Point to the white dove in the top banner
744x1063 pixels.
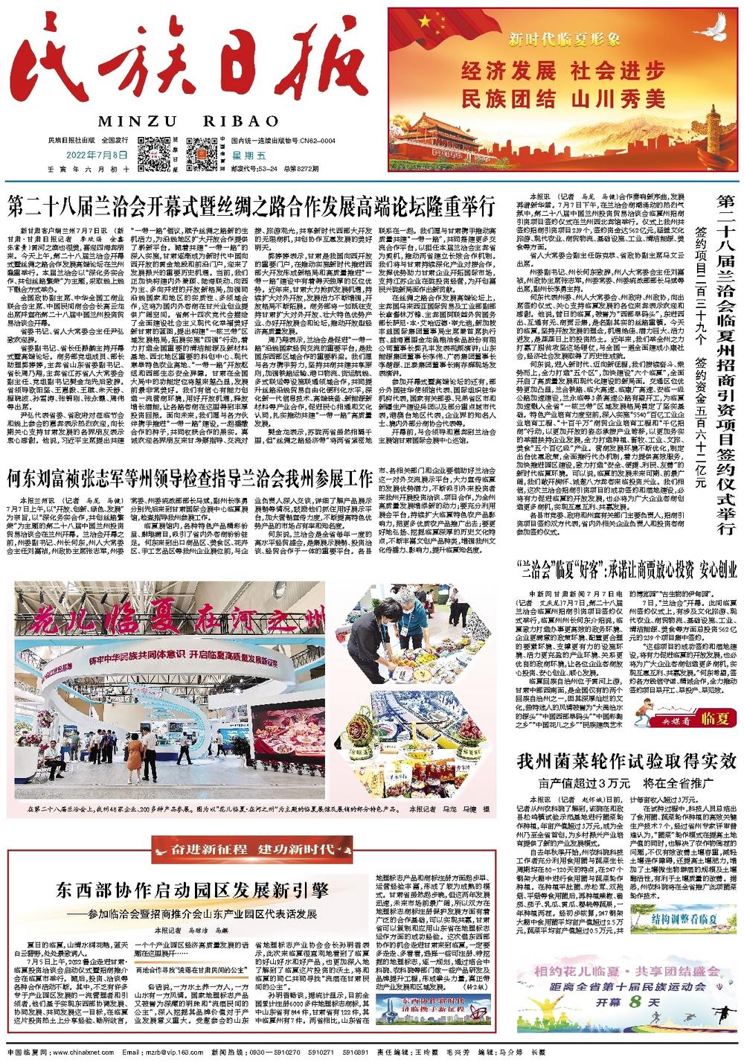[708, 36]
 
